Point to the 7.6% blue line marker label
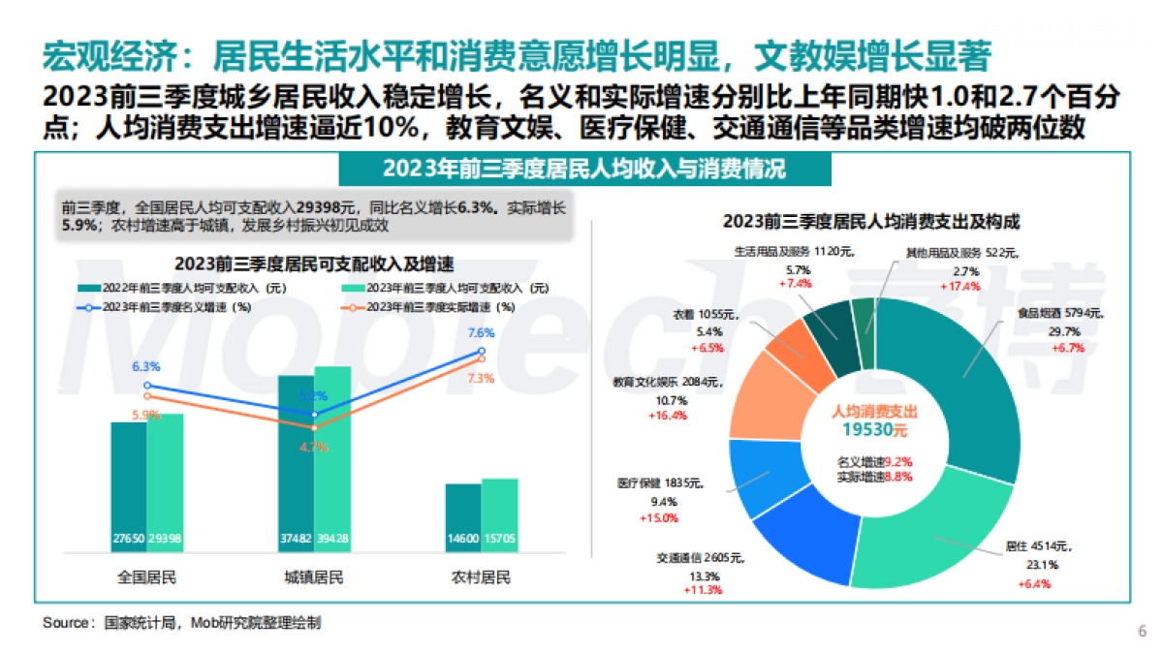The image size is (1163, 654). [482, 333]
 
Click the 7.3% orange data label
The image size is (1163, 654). [481, 379]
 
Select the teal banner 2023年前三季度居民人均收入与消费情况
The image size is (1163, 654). [584, 170]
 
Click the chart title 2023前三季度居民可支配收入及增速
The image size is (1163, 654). [315, 264]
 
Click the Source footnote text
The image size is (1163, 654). [181, 623]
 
